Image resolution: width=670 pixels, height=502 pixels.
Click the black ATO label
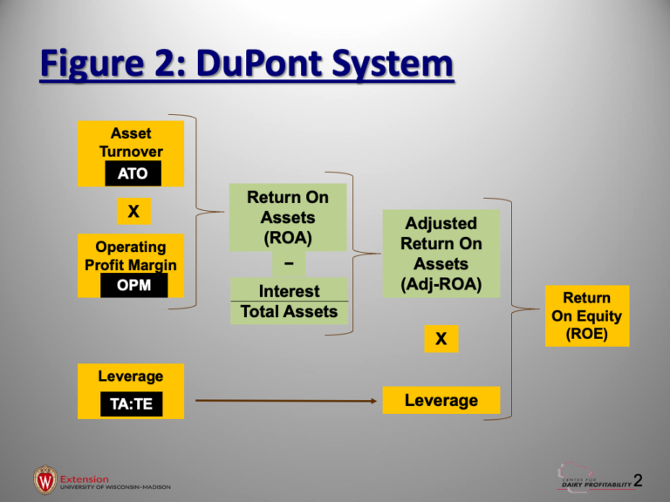pyautogui.click(x=133, y=174)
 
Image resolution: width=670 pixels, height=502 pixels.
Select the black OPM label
pyautogui.click(x=133, y=286)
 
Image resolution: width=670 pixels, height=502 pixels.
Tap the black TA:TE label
pyautogui.click(x=131, y=404)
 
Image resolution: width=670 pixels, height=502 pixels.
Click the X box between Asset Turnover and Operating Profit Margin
pyautogui.click(x=133, y=211)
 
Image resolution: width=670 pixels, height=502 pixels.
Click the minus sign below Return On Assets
pyautogui.click(x=288, y=262)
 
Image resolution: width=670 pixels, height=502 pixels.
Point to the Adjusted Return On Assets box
pyautogui.click(x=441, y=253)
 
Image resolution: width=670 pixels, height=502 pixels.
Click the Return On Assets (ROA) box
pyautogui.click(x=288, y=216)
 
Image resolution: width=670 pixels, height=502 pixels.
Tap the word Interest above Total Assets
pyautogui.click(x=288, y=291)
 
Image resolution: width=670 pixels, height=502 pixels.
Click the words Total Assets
pyautogui.click(x=288, y=311)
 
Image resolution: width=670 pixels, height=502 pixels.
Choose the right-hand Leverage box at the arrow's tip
pyautogui.click(x=441, y=400)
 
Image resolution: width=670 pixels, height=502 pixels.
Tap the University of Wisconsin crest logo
pyautogui.click(x=45, y=479)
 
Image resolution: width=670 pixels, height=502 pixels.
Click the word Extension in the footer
pyautogui.click(x=85, y=478)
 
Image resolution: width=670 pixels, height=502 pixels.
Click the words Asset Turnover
pyautogui.click(x=131, y=142)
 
